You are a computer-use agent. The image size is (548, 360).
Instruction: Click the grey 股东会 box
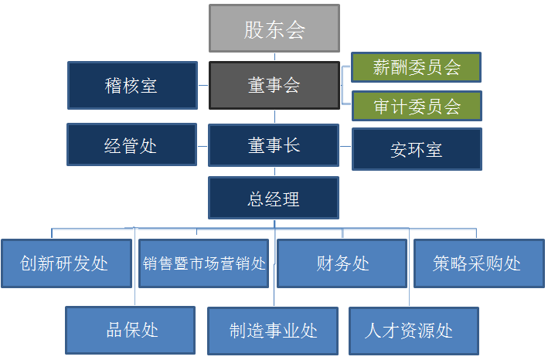[x=274, y=29]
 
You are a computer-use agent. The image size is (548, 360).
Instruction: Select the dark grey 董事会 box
[x=274, y=85]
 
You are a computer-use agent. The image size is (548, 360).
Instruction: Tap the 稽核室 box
[x=132, y=85]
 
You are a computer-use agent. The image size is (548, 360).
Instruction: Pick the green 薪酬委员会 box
[x=417, y=67]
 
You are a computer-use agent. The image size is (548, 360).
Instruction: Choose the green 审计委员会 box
[x=417, y=106]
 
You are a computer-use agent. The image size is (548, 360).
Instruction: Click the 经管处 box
[x=131, y=144]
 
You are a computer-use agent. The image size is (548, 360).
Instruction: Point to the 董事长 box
[x=274, y=145]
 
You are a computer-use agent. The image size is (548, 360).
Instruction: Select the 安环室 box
[x=417, y=149]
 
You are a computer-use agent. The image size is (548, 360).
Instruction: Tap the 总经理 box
[x=274, y=198]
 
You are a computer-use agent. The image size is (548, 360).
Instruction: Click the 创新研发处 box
[x=66, y=263]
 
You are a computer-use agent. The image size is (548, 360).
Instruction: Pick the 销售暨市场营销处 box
[x=204, y=263]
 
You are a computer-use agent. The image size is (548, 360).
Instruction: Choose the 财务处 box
[x=342, y=263]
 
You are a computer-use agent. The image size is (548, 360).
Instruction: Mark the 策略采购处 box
[x=479, y=263]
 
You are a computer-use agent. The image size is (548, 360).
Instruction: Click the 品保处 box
[x=131, y=331]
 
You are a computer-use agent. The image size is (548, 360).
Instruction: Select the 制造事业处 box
[x=273, y=331]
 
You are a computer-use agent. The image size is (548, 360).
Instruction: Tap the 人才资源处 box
[x=414, y=331]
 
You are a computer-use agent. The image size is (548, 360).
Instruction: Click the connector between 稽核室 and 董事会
[x=203, y=85]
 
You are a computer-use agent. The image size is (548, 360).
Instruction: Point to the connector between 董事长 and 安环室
[x=345, y=146]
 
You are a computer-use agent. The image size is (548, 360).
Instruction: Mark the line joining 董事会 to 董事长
[x=274, y=117]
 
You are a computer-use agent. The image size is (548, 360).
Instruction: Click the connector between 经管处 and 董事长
[x=203, y=146]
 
